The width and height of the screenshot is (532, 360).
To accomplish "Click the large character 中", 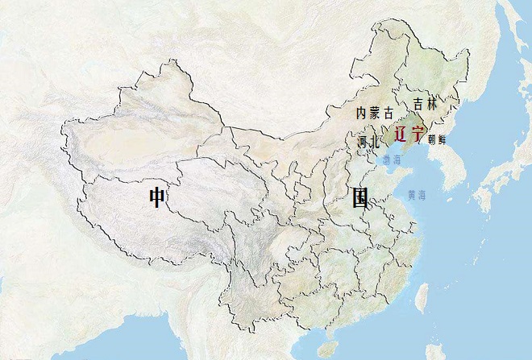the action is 156,197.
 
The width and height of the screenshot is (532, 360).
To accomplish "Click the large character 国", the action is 360,197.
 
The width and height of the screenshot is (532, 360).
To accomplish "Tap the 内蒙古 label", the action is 374,113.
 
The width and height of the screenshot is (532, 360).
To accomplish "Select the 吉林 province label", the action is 424,104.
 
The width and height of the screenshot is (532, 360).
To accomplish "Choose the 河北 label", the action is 368,142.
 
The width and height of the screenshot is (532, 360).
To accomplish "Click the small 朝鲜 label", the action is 437,139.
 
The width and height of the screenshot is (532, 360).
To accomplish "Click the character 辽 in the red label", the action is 401,134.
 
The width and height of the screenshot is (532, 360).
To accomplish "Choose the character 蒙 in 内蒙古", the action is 374,113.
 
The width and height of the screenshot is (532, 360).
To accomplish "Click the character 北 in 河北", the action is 374,142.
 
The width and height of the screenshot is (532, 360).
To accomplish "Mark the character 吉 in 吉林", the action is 418,104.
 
